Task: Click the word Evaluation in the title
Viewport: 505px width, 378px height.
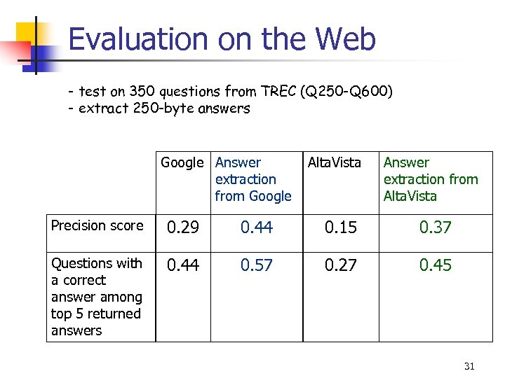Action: (x=139, y=40)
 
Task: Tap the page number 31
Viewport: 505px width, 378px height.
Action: (x=469, y=366)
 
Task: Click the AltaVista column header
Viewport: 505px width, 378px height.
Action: (x=334, y=163)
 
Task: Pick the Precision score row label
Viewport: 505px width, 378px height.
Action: (x=97, y=226)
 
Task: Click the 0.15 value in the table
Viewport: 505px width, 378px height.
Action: (x=339, y=227)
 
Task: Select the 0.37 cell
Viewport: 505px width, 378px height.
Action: (x=435, y=227)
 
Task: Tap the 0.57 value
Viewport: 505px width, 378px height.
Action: (x=256, y=265)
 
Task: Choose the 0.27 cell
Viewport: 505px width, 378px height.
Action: (x=339, y=265)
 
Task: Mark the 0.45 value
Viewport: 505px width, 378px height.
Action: (x=435, y=265)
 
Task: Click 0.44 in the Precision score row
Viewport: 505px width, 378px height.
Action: (x=256, y=227)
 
